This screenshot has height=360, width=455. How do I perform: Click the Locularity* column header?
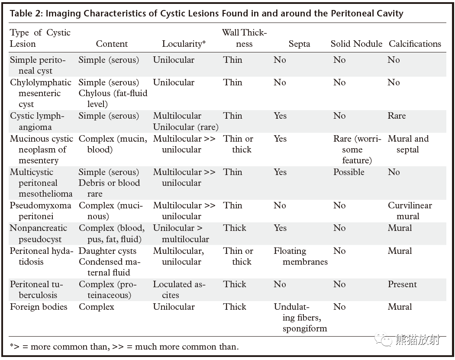(184, 44)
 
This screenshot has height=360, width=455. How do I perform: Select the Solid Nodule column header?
(356, 44)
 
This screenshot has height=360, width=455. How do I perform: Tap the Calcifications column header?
(415, 44)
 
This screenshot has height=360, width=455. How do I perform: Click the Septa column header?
(299, 44)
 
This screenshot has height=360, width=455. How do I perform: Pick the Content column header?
(112, 44)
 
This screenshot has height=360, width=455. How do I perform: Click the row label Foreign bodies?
(39, 307)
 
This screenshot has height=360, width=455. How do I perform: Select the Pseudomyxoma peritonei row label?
(40, 211)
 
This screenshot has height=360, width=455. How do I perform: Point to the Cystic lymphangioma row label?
(37, 121)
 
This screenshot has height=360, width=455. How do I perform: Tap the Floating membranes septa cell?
(300, 256)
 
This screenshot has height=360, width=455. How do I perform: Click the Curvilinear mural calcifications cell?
(410, 211)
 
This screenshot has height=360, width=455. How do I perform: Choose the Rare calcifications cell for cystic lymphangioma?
(397, 116)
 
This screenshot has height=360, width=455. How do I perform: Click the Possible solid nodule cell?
(349, 172)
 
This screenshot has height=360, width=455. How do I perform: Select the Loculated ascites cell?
(179, 290)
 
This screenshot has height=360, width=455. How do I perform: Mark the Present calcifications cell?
(402, 284)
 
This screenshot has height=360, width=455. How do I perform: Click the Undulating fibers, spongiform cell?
(300, 318)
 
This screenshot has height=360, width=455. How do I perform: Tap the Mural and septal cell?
(408, 144)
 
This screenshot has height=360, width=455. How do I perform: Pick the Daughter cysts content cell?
(107, 251)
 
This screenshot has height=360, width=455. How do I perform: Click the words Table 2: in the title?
(26, 13)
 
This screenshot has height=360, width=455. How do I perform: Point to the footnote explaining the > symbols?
(124, 347)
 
